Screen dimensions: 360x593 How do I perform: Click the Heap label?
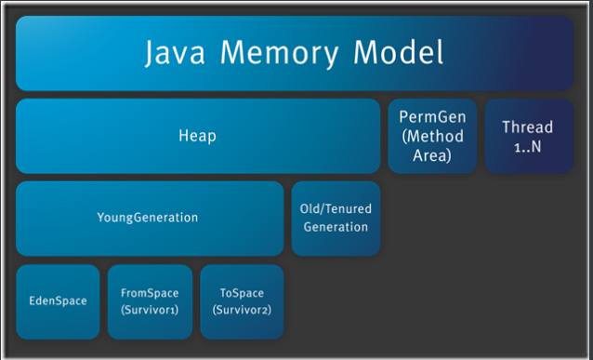[x=197, y=136]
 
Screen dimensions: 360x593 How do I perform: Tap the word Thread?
[x=527, y=127]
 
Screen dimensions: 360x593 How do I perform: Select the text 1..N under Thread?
[x=527, y=145]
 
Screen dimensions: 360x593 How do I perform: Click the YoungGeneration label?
[x=148, y=218]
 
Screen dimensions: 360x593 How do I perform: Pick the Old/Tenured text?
[x=335, y=210]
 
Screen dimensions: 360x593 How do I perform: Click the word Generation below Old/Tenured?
[x=335, y=227]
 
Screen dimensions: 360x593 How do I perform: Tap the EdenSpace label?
[x=57, y=300]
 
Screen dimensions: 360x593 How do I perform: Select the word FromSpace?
[x=150, y=292]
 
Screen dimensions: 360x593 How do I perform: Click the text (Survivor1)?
[x=150, y=310]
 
